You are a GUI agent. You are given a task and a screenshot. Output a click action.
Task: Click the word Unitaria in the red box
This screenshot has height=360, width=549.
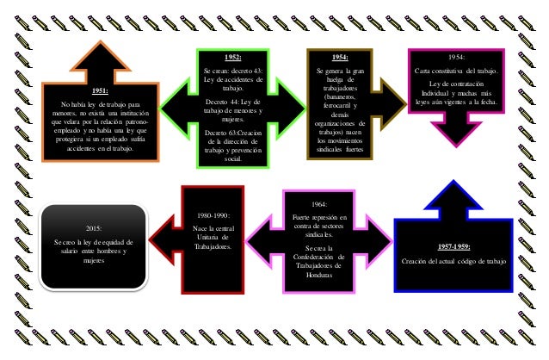(x=213, y=236)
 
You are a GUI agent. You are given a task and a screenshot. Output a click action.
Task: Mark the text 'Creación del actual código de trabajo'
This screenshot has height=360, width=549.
(x=453, y=261)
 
